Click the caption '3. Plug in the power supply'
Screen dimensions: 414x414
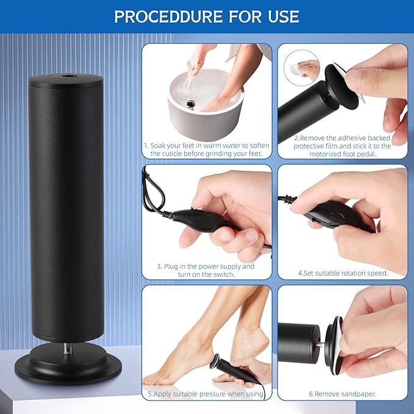(x=206, y=270)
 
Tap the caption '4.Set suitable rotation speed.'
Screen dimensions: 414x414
(x=343, y=273)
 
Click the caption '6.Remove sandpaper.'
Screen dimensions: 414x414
(x=343, y=394)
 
